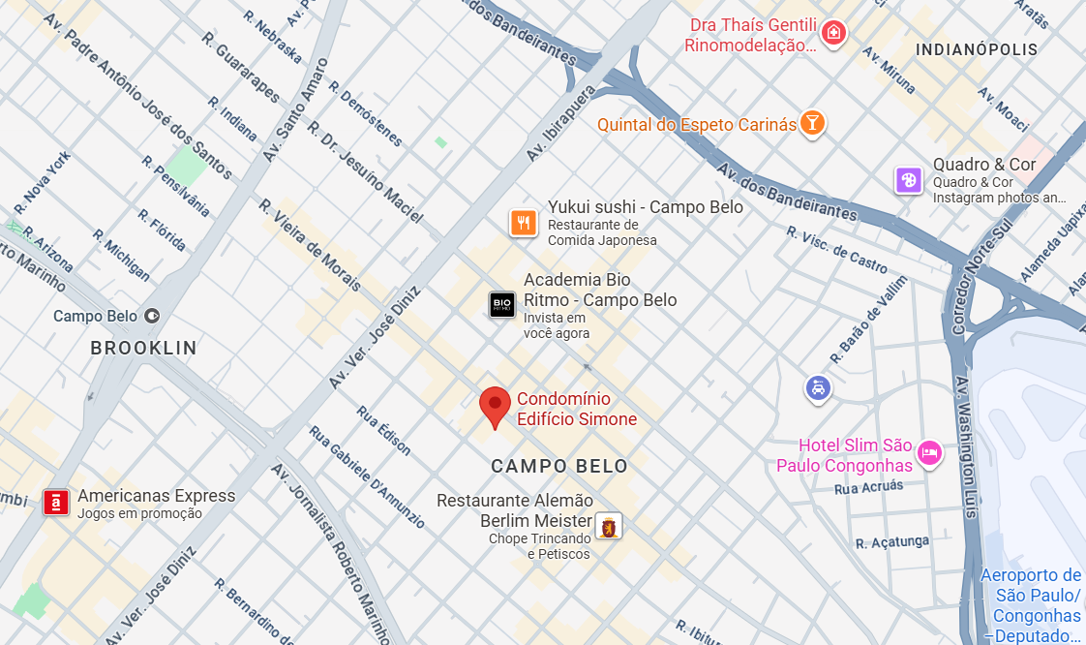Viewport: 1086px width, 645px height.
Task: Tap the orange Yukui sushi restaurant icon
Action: [524, 223]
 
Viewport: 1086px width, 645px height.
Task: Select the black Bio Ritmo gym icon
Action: [502, 305]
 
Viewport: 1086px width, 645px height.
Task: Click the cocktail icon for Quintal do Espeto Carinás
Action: [812, 123]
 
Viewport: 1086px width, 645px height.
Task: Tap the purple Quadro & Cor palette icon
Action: [908, 179]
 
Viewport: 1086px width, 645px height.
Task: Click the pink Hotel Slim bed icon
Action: [929, 452]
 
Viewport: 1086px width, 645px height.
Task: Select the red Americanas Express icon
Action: [56, 503]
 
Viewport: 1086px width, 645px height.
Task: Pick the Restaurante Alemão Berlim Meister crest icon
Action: [608, 527]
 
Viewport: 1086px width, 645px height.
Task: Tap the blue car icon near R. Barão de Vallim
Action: [819, 388]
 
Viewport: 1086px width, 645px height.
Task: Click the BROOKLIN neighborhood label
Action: [143, 348]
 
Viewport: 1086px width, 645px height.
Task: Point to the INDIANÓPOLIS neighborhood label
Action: [977, 49]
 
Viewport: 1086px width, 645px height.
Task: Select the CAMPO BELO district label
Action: [559, 466]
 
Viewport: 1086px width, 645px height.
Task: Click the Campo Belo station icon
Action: [152, 316]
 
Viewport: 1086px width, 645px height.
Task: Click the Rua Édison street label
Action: [384, 431]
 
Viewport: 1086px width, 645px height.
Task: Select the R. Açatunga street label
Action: [892, 542]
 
